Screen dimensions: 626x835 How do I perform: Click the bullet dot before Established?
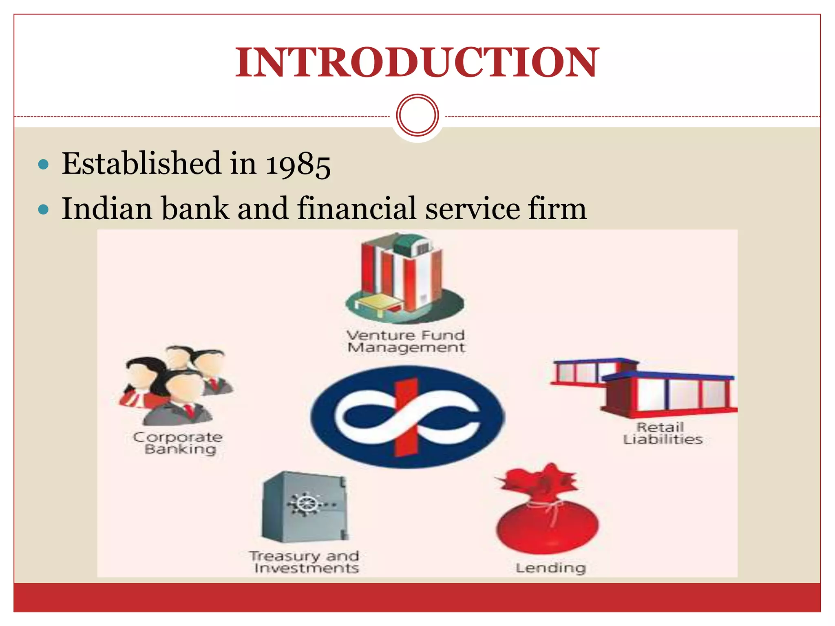(x=43, y=165)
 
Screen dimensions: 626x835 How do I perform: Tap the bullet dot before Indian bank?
(x=43, y=210)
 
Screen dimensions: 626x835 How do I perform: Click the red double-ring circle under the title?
(x=417, y=115)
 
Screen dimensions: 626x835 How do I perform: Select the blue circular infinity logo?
(x=407, y=417)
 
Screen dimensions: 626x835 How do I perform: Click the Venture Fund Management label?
(x=406, y=341)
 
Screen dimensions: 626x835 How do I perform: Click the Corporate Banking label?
(x=179, y=443)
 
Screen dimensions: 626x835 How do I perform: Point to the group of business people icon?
(x=176, y=385)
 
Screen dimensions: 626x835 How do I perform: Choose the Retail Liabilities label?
(x=663, y=433)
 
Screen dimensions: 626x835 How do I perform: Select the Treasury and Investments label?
(x=305, y=562)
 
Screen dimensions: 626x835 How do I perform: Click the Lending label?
(x=550, y=568)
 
